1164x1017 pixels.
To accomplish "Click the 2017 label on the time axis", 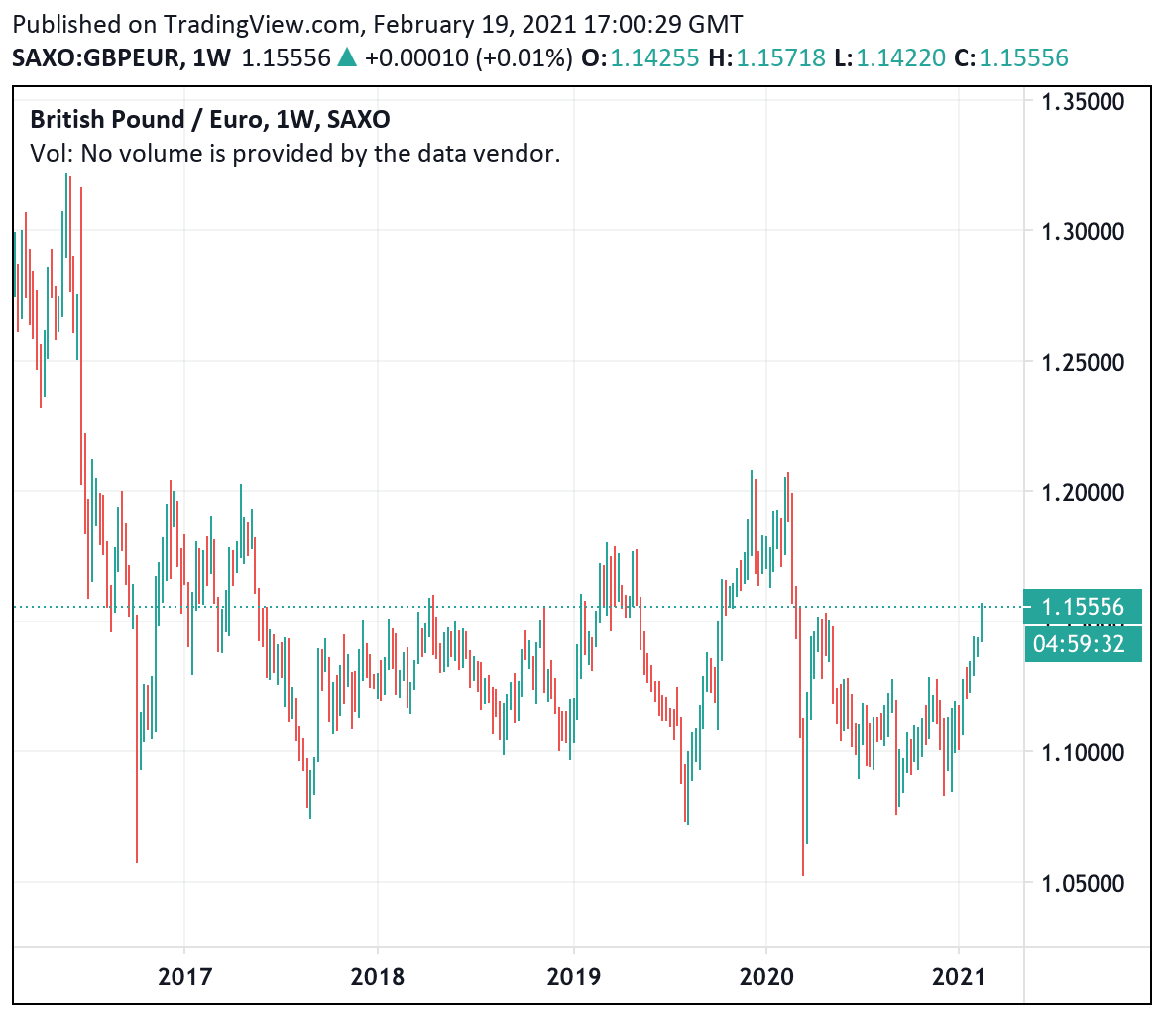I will click(x=184, y=977).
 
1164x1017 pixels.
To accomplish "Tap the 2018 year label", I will click(x=378, y=977).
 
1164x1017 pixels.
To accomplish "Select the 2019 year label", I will click(x=573, y=977).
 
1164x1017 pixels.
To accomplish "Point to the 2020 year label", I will click(x=766, y=977).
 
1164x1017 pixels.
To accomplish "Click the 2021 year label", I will click(x=959, y=977).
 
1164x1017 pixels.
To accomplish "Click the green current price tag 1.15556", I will click(x=1084, y=607).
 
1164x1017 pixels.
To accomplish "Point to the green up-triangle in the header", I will click(x=347, y=58).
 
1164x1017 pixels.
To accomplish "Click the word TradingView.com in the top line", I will click(x=194, y=24).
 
